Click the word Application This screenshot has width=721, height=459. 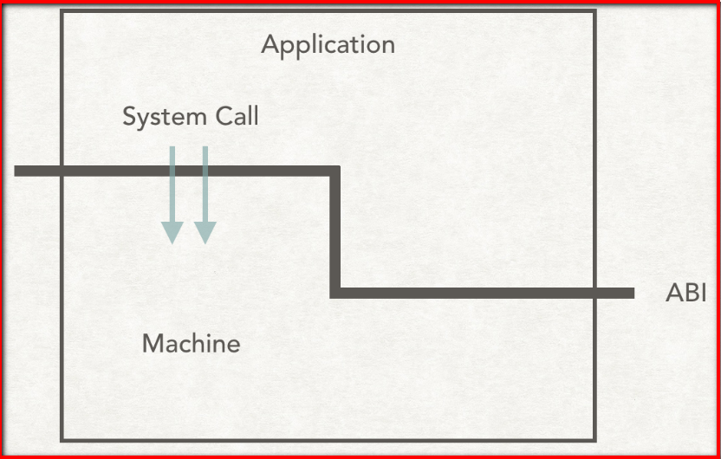328,45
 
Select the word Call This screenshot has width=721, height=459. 234,117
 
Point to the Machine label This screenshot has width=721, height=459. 191,344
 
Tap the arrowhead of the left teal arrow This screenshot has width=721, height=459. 172,231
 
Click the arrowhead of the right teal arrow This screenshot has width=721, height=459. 205,231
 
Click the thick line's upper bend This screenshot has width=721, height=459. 335,171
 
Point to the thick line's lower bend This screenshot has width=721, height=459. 335,293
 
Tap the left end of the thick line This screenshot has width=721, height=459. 18,171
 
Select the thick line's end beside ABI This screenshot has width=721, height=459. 631,293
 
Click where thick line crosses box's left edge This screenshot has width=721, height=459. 62,171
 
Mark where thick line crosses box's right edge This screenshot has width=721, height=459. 594,293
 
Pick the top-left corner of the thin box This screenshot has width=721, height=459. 62,11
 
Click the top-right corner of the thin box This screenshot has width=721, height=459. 594,11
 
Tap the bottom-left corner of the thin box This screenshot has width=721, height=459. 62,440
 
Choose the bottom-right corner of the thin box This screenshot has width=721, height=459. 594,440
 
